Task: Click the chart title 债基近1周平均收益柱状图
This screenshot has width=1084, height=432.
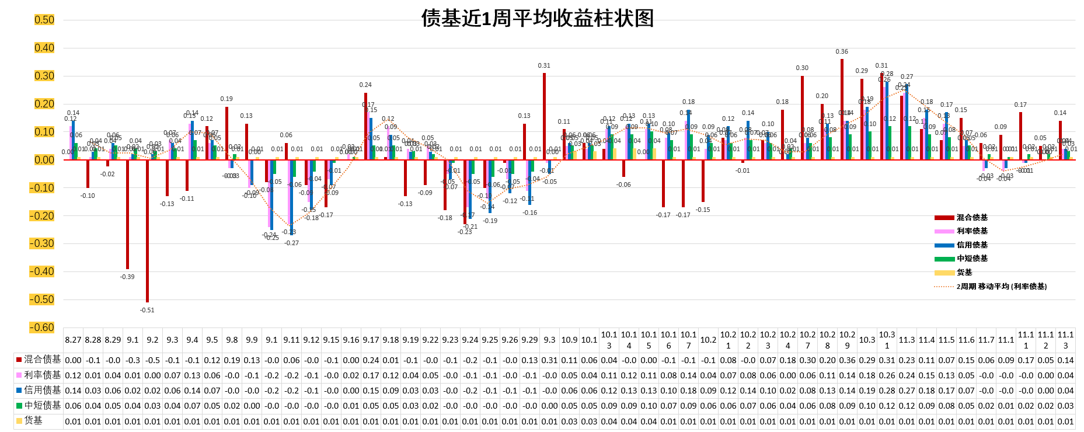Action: (537, 19)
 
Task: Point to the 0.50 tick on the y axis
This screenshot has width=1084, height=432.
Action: (44, 20)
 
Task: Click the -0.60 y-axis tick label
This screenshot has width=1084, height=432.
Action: (43, 328)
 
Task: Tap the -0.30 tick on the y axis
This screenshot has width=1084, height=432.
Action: (43, 243)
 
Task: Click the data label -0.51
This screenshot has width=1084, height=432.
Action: (147, 310)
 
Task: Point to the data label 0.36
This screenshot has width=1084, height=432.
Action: (842, 51)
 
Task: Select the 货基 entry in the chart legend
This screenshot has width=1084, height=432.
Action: (964, 273)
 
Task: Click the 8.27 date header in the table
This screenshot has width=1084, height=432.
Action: (73, 340)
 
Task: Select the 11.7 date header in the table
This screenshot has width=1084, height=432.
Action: (986, 340)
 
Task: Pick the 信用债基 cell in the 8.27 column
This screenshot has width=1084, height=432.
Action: (73, 391)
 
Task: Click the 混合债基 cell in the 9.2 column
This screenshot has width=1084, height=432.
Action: (152, 360)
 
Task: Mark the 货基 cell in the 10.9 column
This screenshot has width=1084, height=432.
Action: (569, 421)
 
